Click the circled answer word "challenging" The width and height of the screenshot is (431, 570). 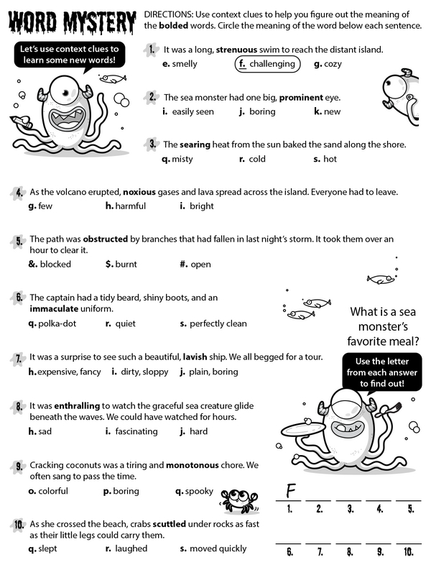point(272,64)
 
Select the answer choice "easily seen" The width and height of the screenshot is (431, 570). point(193,111)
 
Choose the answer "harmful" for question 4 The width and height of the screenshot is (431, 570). point(130,206)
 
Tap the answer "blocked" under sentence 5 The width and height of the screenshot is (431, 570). point(55,265)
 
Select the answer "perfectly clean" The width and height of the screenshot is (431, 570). point(218,323)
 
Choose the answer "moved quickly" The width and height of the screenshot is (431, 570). point(218,548)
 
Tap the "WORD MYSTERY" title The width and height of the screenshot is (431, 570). point(71,23)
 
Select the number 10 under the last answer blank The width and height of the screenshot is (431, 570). point(408,552)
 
